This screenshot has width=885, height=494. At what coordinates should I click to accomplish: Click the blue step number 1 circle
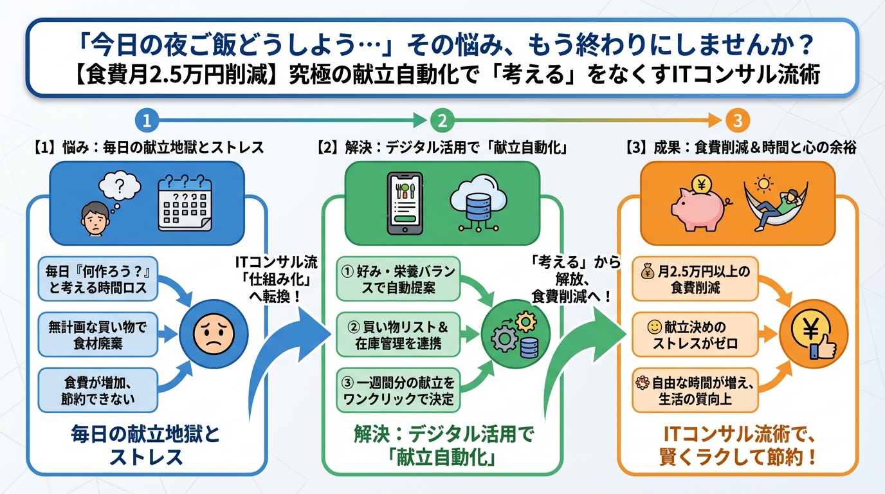tap(147, 120)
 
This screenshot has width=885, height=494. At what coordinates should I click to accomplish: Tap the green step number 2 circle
tap(442, 120)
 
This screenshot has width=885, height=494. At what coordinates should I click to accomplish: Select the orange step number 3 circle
tap(737, 120)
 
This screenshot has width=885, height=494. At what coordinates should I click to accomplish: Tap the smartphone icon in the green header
tap(404, 201)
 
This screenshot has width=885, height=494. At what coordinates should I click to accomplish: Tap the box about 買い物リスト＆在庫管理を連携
tap(398, 334)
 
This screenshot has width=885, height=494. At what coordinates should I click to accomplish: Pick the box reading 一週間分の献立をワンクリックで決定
tap(398, 390)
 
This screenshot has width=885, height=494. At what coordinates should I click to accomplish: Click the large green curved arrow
tap(582, 360)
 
